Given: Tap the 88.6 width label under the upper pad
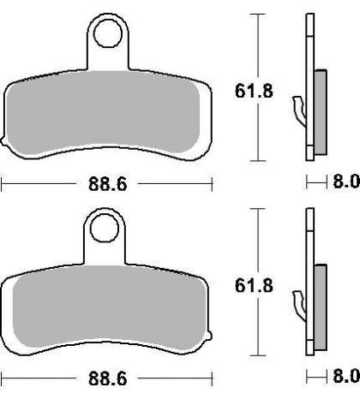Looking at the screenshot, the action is [x=107, y=184].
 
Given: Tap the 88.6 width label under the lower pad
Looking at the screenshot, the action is [x=107, y=378].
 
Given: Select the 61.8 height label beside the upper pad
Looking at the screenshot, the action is [x=254, y=91].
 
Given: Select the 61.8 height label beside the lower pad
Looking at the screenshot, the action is [x=254, y=285].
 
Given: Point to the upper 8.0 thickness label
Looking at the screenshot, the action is [x=346, y=182].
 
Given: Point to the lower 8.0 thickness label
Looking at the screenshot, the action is [x=346, y=376].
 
